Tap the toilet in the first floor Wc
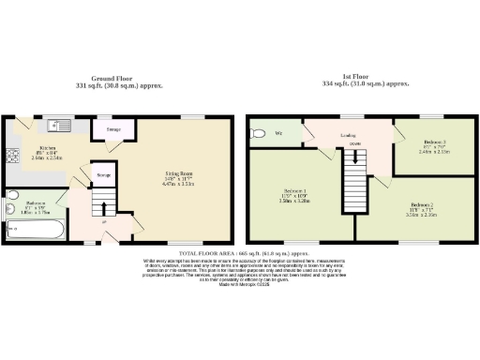[258, 134]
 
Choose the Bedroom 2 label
[422, 207]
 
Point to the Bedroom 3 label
[423, 147]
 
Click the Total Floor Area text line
[239, 254]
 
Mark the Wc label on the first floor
[279, 134]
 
